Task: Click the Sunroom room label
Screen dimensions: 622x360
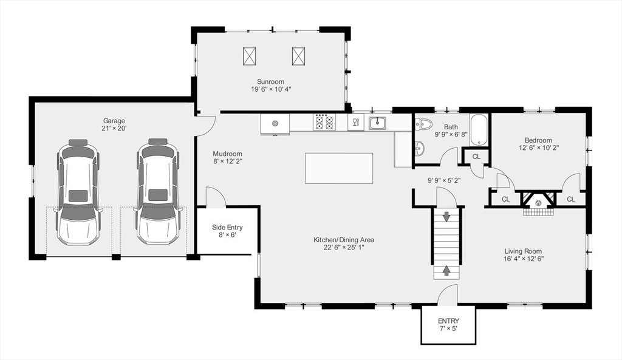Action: tap(270, 82)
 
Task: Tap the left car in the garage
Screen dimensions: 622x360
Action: tap(78, 191)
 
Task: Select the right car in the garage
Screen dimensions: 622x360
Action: tap(158, 191)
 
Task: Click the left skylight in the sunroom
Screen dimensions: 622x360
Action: tap(250, 55)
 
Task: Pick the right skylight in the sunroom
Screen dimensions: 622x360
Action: tap(299, 55)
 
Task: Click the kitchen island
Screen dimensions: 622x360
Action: tap(339, 168)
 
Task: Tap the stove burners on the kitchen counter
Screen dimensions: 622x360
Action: tap(324, 122)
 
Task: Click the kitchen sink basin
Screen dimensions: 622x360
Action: tap(377, 123)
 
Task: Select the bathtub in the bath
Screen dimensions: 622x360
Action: tap(480, 130)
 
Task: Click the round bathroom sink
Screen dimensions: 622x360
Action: tap(420, 149)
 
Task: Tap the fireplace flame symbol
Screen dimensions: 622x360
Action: tap(538, 203)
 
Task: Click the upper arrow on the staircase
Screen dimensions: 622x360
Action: tap(447, 217)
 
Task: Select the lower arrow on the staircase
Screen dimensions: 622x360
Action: tap(447, 270)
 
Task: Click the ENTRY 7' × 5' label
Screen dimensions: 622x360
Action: tap(449, 324)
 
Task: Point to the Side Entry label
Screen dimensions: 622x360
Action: tap(227, 227)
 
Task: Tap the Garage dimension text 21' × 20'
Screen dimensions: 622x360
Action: tap(114, 128)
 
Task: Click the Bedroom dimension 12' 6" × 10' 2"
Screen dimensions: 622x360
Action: tap(538, 148)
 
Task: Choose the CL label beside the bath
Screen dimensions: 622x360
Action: tap(476, 157)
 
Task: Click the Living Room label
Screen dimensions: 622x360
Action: tap(523, 251)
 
